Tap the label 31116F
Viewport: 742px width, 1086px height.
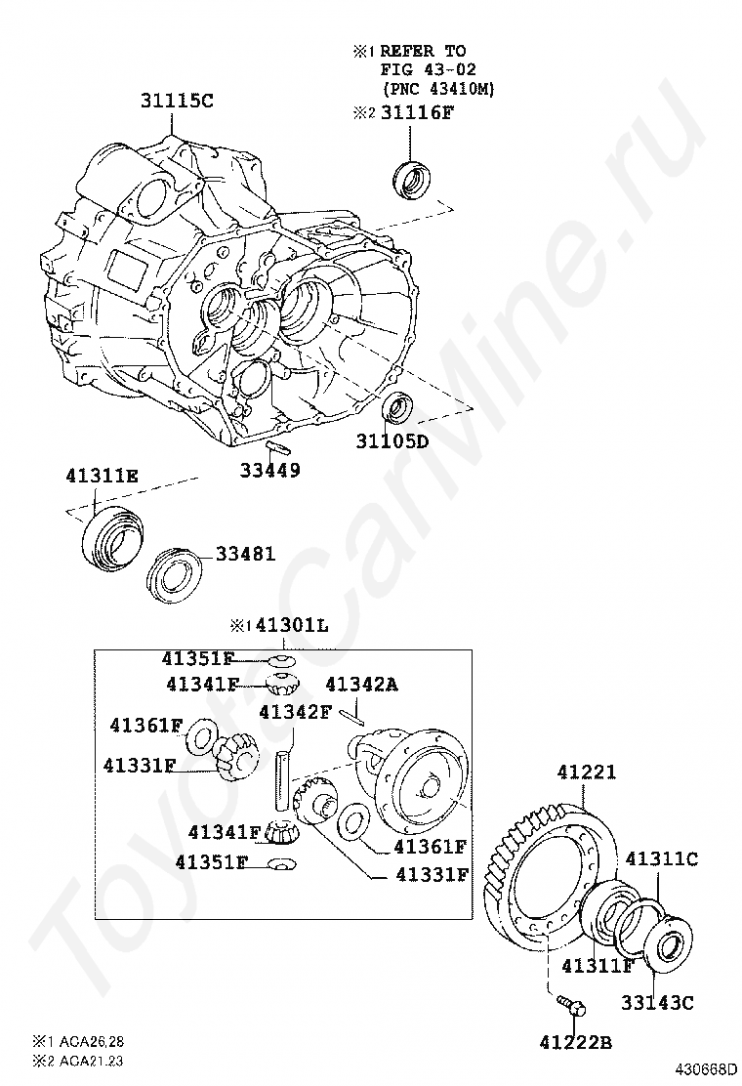[417, 113]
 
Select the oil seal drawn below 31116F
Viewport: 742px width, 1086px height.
[412, 179]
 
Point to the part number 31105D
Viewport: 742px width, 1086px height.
[392, 440]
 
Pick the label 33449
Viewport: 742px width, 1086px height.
[270, 470]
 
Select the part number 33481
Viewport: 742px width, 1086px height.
[245, 554]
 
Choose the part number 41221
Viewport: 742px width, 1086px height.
[587, 773]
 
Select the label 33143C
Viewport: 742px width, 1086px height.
[658, 1002]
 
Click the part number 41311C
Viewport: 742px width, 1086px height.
[661, 858]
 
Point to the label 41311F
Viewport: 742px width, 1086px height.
[598, 966]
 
